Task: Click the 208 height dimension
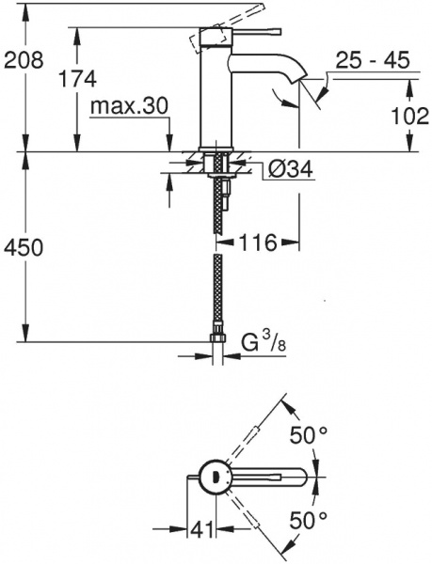coord(24,61)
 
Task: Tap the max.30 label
coord(129,106)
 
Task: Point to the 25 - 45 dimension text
coord(374,62)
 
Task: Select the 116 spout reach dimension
coord(255,243)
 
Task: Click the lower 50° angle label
coord(307,520)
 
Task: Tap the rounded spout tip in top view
coord(299,477)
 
